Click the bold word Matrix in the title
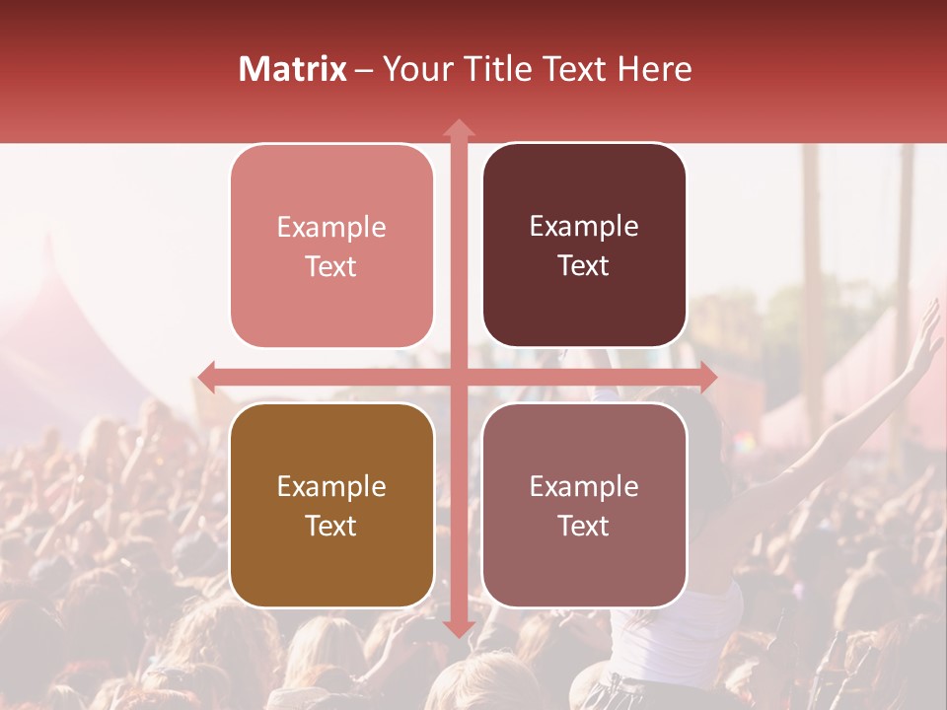292,69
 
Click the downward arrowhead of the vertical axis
458,628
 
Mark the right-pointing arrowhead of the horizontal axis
707,377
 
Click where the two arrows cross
458,377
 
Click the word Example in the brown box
331,486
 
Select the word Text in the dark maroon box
584,265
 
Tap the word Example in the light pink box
331,227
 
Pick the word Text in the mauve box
584,526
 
